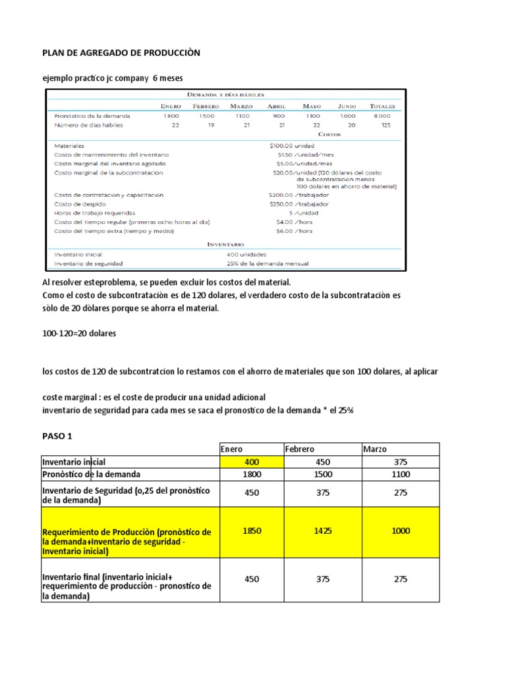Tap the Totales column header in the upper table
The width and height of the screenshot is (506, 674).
(x=382, y=106)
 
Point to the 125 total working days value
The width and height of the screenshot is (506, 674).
(x=385, y=124)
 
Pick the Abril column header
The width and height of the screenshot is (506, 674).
(x=277, y=106)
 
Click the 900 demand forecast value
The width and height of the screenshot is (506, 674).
(x=280, y=116)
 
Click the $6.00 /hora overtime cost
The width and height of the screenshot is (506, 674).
(x=295, y=231)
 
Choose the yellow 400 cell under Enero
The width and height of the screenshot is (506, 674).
(x=251, y=462)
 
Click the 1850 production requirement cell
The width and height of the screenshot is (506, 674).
(x=251, y=531)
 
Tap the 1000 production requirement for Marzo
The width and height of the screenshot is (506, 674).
(x=400, y=531)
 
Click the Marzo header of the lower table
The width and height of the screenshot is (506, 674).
(x=376, y=449)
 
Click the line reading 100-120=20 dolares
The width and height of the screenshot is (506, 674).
(x=78, y=333)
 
